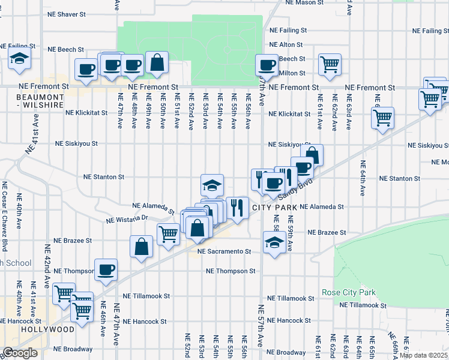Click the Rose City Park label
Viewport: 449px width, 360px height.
(349, 292)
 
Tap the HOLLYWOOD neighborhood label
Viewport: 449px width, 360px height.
(48, 329)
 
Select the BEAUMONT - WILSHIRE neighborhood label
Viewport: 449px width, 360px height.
(40, 101)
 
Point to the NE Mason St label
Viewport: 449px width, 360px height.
(304, 2)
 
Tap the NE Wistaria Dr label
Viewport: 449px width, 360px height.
(127, 220)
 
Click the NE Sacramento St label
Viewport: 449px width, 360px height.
(224, 251)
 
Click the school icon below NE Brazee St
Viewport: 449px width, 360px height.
(274, 243)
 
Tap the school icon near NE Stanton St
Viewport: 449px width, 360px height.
(212, 185)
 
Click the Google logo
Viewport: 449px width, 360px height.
(19, 353)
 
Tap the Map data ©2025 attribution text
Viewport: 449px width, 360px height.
(424, 355)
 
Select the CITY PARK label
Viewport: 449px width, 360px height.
(275, 207)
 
